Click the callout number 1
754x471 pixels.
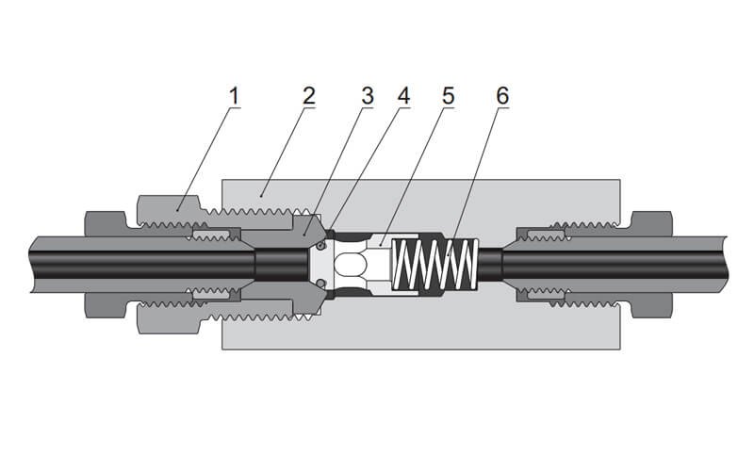click(234, 96)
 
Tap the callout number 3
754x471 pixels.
click(368, 96)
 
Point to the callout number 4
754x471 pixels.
click(404, 96)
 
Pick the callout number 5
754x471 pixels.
click(448, 96)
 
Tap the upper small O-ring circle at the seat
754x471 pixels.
click(321, 245)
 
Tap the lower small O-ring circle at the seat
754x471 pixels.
click(321, 284)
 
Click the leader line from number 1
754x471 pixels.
click(206, 154)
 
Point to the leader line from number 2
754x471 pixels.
click(284, 150)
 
